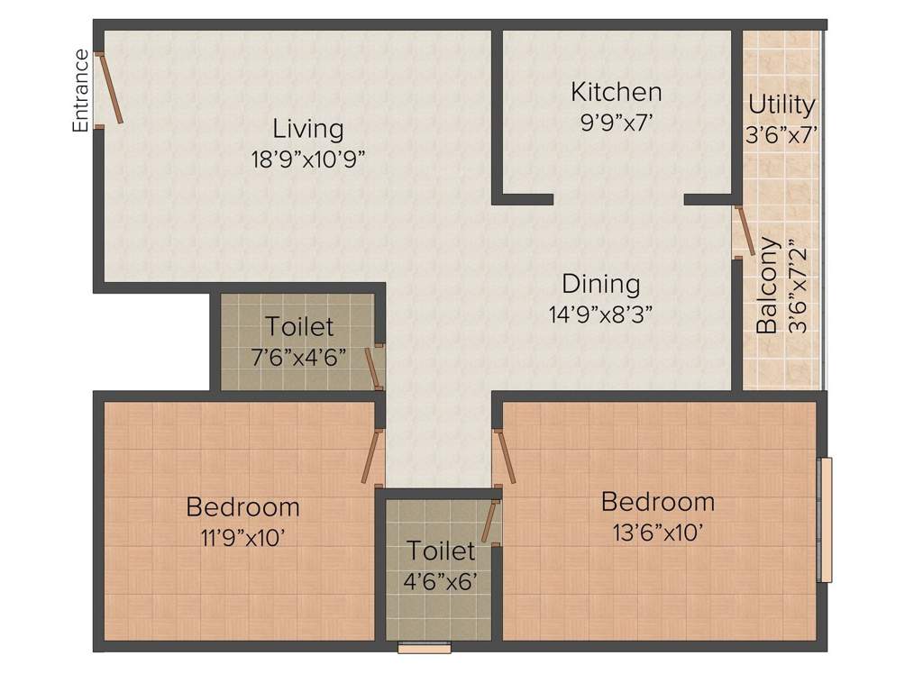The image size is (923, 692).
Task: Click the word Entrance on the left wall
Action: [x=81, y=91]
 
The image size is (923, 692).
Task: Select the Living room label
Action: [x=308, y=129]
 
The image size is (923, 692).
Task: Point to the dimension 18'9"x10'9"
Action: [x=308, y=159]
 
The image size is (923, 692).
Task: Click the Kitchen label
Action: [x=617, y=92]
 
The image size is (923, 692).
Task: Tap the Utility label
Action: [x=781, y=105]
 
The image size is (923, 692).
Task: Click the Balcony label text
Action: [x=767, y=286]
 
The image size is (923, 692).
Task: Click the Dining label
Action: [x=601, y=284]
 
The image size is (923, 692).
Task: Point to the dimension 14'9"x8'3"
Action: [x=601, y=314]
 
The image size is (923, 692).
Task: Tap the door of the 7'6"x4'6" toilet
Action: [x=371, y=367]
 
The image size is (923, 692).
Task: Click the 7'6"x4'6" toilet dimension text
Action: [x=298, y=355]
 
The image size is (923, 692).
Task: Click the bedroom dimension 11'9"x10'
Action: [x=242, y=537]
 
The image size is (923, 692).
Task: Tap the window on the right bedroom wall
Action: [x=824, y=520]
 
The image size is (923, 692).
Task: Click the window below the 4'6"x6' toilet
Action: [x=424, y=646]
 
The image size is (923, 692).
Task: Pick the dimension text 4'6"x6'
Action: [x=440, y=580]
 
